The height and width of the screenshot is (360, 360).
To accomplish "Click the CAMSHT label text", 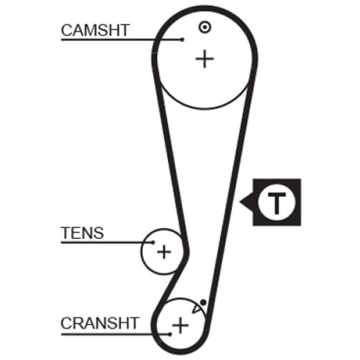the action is click(x=95, y=30).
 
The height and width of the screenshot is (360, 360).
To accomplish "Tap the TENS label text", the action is click(x=82, y=233).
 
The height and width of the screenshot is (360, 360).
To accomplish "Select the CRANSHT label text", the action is click(x=99, y=323).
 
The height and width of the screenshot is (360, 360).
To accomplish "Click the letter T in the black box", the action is click(x=277, y=204).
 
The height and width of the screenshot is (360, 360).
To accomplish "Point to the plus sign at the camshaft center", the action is click(x=204, y=59).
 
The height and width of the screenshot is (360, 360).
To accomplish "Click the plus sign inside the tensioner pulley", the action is click(x=164, y=252).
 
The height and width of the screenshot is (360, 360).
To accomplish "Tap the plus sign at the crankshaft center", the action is click(x=181, y=325).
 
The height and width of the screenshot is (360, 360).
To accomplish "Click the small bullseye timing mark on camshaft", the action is click(x=204, y=27).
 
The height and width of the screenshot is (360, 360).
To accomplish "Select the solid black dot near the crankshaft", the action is click(x=203, y=302).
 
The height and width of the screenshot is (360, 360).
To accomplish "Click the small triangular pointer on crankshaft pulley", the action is click(x=196, y=309).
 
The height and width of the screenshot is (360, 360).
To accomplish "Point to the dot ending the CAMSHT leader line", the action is click(x=183, y=40).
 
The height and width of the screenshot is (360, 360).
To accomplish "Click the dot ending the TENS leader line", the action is click(x=153, y=242).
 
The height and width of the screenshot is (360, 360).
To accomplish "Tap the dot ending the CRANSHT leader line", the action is click(x=170, y=334).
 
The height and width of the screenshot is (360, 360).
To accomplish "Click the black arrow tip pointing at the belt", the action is click(x=240, y=202).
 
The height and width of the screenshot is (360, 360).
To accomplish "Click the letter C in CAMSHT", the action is click(x=66, y=30).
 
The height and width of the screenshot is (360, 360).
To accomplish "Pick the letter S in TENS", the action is click(x=98, y=233).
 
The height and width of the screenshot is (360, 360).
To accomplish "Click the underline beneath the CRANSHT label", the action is click(x=115, y=334).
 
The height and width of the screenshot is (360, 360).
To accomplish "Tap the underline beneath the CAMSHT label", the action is click(x=122, y=40).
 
